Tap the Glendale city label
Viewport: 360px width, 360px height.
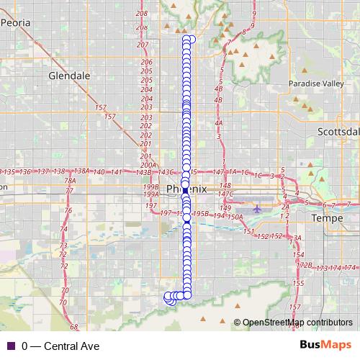pyautogui.click(x=69, y=75)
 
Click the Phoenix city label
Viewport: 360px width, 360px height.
pyautogui.click(x=186, y=189)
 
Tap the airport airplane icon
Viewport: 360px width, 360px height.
pyautogui.click(x=257, y=209)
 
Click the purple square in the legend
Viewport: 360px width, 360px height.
pyautogui.click(x=10, y=346)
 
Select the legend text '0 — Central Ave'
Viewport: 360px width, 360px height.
pyautogui.click(x=60, y=346)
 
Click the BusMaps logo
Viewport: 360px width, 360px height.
pyautogui.click(x=325, y=346)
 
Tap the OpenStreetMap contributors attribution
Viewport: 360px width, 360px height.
pyautogui.click(x=297, y=322)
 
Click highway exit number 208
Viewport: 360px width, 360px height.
pyautogui.click(x=141, y=14)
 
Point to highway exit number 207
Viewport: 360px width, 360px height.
pyautogui.click(x=142, y=45)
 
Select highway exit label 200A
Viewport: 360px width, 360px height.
pyautogui.click(x=148, y=164)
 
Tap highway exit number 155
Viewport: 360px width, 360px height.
pyautogui.click(x=298, y=284)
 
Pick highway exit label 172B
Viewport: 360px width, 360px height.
pyautogui.click(x=305, y=266)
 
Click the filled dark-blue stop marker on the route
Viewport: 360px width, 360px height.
pyautogui.click(x=185, y=190)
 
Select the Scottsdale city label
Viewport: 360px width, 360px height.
pyautogui.click(x=338, y=132)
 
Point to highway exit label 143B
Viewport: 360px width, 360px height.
pyautogui.click(x=143, y=172)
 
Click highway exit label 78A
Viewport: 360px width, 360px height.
pyautogui.click(x=70, y=181)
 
